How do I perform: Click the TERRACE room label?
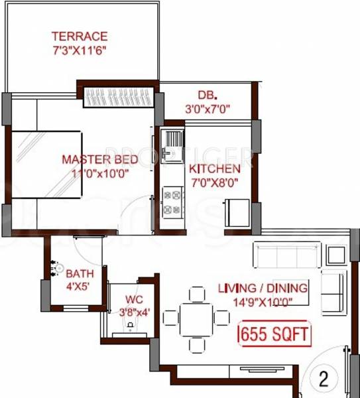(80, 36)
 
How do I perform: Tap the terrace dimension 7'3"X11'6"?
(80, 50)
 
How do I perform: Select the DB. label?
(206, 95)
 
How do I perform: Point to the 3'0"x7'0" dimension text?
(206, 108)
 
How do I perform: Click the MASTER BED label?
(100, 159)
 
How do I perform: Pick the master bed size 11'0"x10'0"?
(100, 173)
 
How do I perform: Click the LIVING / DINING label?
(263, 288)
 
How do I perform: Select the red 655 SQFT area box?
(274, 333)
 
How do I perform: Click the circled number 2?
(324, 379)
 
